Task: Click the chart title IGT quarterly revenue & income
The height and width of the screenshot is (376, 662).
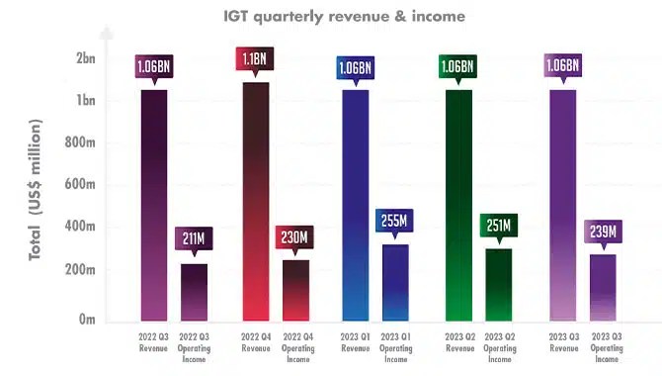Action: (344, 17)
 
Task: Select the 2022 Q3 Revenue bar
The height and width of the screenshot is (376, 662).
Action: (154, 205)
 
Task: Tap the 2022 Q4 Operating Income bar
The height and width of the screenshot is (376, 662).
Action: (296, 290)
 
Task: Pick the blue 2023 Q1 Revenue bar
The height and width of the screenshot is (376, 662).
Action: (356, 205)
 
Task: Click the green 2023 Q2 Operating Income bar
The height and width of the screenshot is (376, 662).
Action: (499, 285)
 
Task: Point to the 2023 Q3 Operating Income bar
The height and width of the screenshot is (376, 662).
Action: (603, 288)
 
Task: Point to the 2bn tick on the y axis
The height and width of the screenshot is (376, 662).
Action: (86, 58)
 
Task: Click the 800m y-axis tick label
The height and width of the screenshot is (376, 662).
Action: (80, 142)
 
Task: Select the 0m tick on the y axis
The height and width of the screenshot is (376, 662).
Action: (87, 319)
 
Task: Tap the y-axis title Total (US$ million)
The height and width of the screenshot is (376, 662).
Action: (36, 189)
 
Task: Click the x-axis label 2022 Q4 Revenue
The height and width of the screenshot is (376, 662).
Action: (256, 342)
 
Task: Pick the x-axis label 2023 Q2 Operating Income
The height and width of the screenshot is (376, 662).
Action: (500, 347)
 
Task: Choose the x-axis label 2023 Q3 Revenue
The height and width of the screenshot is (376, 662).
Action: (564, 342)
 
